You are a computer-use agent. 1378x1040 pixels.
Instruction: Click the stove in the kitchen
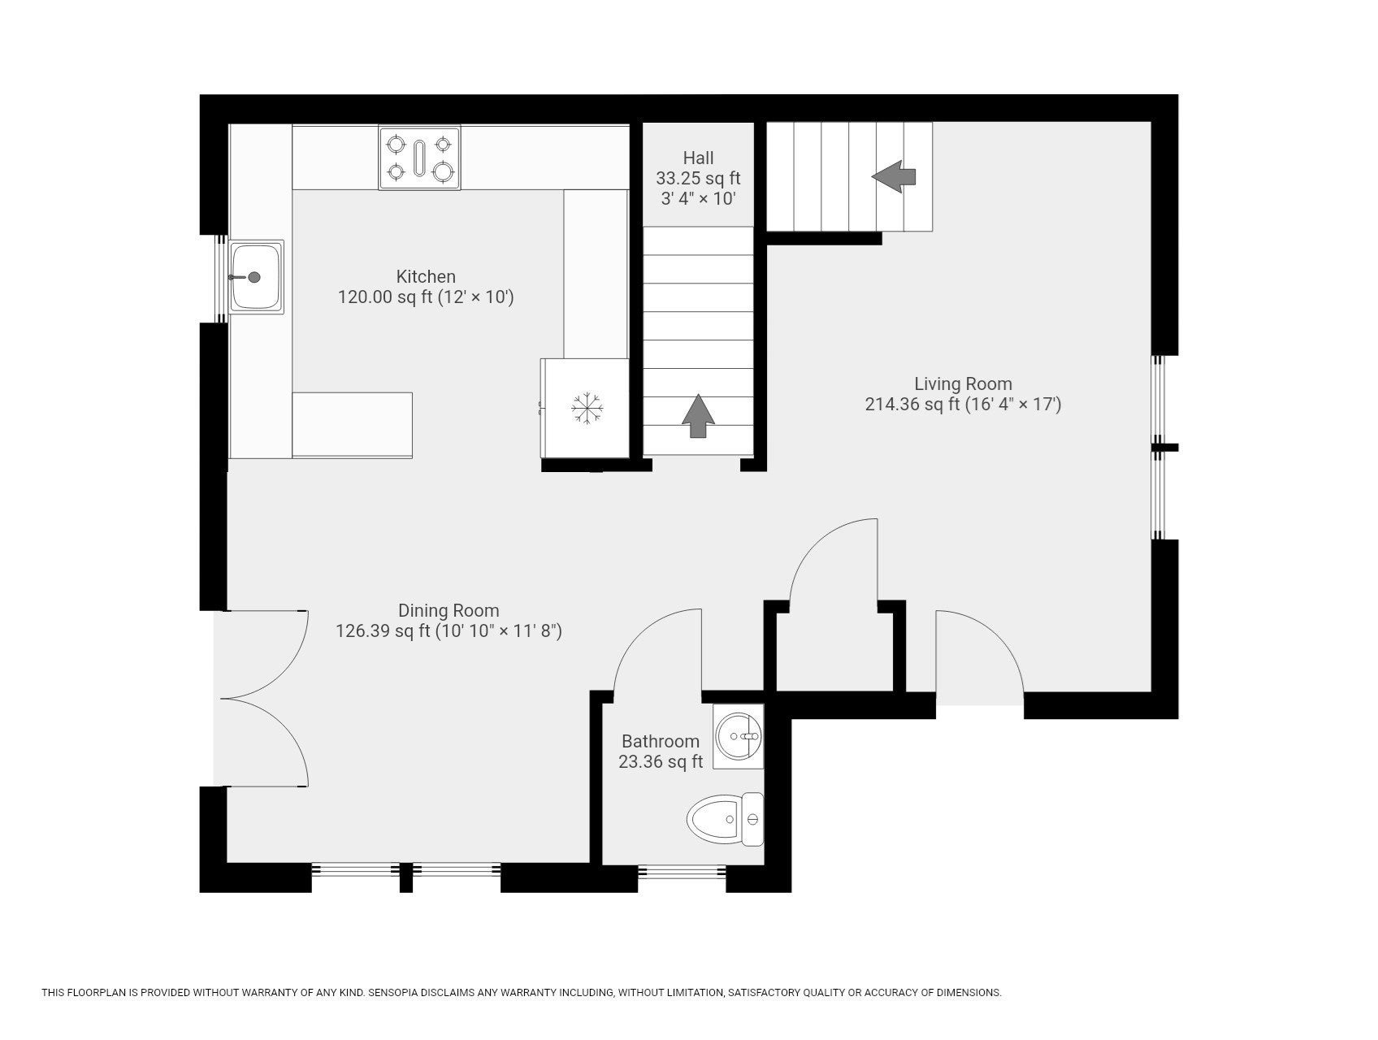(419, 158)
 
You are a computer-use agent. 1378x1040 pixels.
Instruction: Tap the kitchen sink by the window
(257, 277)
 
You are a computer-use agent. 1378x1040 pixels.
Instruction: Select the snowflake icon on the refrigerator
(586, 407)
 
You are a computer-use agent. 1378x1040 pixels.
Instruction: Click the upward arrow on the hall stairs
(698, 416)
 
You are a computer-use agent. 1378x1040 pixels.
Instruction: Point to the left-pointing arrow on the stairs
(894, 176)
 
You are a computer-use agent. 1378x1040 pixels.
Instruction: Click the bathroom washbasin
(739, 736)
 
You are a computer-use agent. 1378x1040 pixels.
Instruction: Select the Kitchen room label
(426, 276)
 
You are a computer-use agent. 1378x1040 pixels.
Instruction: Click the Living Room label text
(964, 383)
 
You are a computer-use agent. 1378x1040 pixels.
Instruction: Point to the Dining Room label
(448, 610)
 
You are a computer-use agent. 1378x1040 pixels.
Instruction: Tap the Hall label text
(699, 158)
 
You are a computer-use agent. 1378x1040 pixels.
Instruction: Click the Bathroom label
(661, 741)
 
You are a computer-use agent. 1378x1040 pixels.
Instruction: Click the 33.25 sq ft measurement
(699, 178)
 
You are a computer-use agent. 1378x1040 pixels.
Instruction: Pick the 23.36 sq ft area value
(661, 762)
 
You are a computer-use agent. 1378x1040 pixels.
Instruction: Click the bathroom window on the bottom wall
(682, 872)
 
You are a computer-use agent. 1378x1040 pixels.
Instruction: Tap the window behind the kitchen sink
(221, 279)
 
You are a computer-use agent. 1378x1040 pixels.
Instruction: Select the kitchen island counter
(352, 425)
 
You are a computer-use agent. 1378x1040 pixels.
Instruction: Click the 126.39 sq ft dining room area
(383, 631)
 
